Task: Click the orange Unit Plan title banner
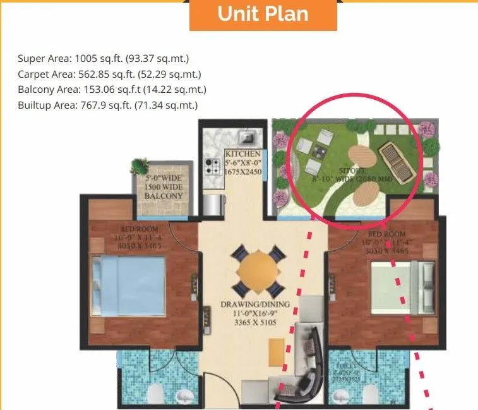(x=263, y=15)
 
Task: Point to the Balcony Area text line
(x=112, y=90)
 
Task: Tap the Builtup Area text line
(x=107, y=105)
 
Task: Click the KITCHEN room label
(x=242, y=154)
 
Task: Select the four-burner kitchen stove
(x=211, y=166)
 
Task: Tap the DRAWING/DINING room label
(x=255, y=304)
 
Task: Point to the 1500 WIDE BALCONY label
(x=163, y=187)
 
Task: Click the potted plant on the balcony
(x=140, y=167)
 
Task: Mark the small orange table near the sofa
(x=276, y=351)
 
